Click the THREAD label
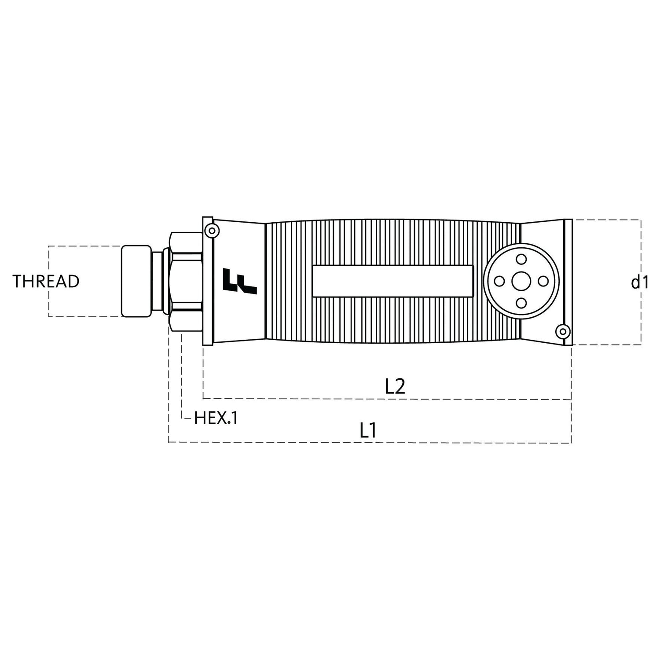pos(46,282)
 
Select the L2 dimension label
pos(395,387)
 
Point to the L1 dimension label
pos(368,430)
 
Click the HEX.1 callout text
pos(216,418)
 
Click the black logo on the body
pos(240,282)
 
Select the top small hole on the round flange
pos(521,259)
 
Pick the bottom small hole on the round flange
pos(521,303)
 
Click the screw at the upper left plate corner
pos(212,230)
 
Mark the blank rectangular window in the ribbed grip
pos(392,281)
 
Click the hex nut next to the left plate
pos(186,282)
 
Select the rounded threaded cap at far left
pos(136,281)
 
